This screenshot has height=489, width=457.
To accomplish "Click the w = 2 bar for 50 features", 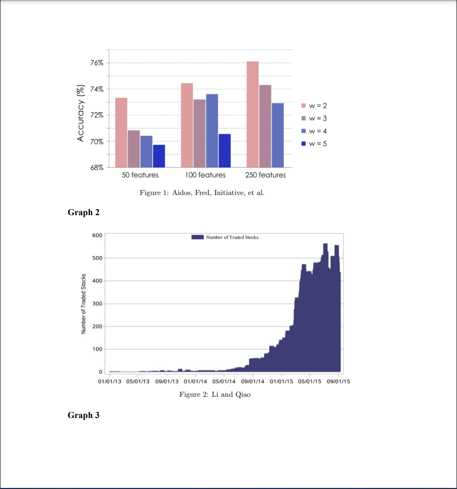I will coord(121,132).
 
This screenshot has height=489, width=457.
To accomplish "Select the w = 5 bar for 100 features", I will coord(225,150).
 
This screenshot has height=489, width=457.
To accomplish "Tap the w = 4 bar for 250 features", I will coord(278,135).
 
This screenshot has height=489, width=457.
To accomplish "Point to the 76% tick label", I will coord(97,63).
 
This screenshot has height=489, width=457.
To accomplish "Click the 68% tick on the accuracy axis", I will coord(97,167).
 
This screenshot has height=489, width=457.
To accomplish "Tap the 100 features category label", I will coord(205,175).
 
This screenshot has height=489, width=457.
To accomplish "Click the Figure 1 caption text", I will coord(202,193).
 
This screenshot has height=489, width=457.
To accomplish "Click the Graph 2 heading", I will coord(83,212).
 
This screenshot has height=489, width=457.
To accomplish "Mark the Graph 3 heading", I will coord(83,415).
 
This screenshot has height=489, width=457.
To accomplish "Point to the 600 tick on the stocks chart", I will coord(97,235).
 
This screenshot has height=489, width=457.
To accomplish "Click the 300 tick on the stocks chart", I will coord(97,303).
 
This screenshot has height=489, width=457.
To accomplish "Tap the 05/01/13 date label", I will coord(139,382).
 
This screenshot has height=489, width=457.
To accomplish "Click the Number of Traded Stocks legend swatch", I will coord(197,237).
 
